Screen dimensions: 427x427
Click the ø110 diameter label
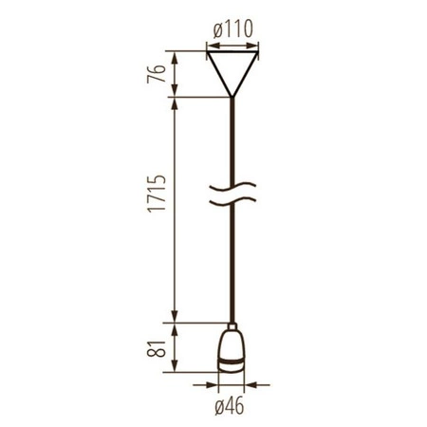pos(232,29)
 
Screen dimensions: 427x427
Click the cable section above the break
pos(232,142)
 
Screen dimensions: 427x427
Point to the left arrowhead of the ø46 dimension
pos(213,386)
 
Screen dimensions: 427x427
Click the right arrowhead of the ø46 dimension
pos(251,386)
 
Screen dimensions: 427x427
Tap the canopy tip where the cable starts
pos(232,96)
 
